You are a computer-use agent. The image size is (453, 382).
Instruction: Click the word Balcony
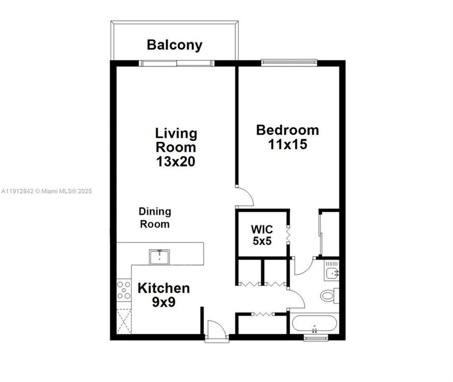coord(175,45)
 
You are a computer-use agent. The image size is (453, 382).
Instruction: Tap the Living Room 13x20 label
coord(176,147)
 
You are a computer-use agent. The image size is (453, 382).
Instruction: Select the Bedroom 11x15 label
coord(288,136)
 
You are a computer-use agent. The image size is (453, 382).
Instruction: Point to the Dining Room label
coord(155,218)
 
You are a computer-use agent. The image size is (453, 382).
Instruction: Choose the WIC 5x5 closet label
coord(262,235)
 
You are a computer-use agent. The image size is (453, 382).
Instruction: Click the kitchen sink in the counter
coord(159,257)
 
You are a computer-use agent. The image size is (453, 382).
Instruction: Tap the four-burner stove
coord(124,291)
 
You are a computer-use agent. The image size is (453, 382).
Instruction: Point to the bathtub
coord(314,324)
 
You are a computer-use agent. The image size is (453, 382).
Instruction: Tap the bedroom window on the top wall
coord(290,63)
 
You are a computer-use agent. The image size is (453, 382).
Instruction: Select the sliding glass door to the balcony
coord(177,63)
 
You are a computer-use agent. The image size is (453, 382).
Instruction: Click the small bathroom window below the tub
coord(316,337)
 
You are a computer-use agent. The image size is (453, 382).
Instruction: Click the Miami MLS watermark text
coord(46,191)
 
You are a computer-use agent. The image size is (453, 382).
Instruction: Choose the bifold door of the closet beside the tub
coord(262,315)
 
